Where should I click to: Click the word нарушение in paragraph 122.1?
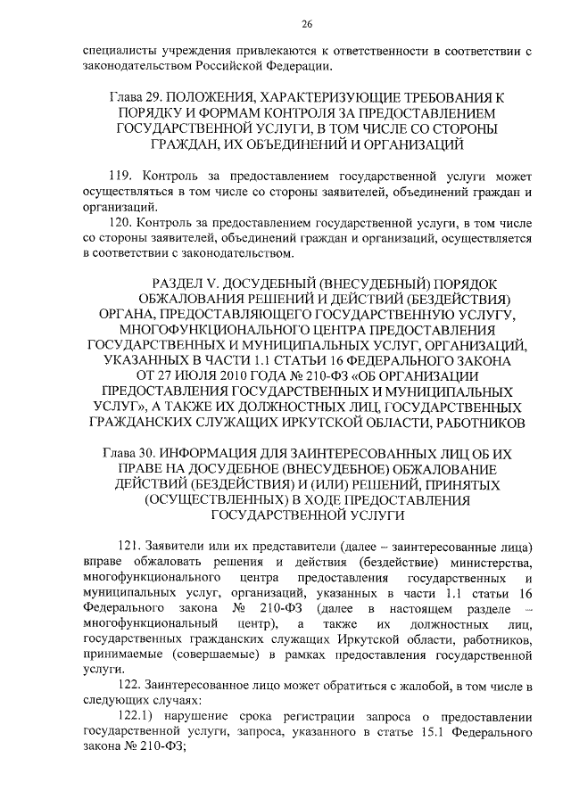coord(195,717)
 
